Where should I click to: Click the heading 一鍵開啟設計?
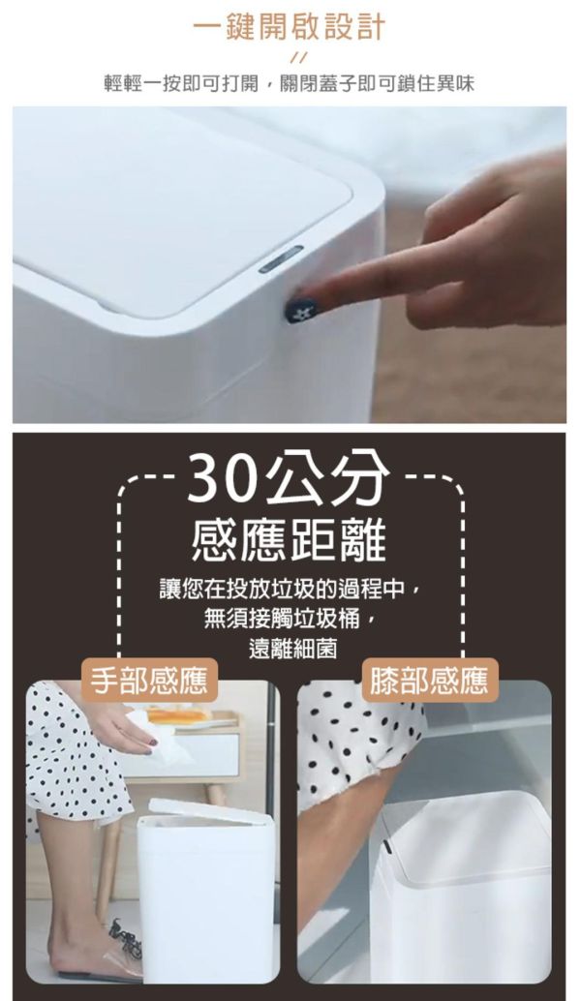click(290, 27)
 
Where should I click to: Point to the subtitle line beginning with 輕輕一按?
click(290, 83)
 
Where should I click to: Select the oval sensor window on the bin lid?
click(281, 258)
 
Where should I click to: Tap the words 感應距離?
click(290, 541)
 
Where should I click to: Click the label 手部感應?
click(149, 680)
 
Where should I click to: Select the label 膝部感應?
click(429, 680)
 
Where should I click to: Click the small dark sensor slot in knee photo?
click(387, 847)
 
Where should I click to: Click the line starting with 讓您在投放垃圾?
click(290, 589)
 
